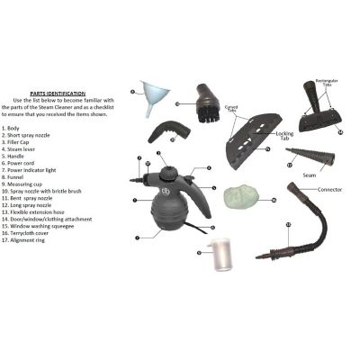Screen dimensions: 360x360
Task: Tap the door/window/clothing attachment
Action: point(256,131)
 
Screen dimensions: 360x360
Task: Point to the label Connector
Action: point(330,190)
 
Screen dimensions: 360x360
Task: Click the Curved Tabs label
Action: point(232,108)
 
